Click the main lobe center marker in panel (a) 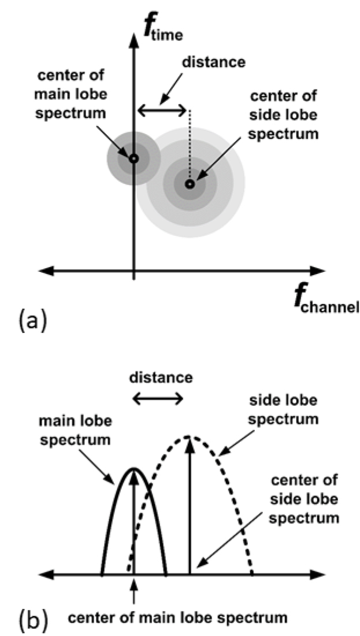coord(133,158)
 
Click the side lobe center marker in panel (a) coord(190,184)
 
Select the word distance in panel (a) coord(214,62)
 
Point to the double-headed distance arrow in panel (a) coord(162,110)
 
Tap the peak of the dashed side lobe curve coord(189,437)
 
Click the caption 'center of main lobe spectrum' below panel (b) coord(178,618)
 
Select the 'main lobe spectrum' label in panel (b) coord(75,431)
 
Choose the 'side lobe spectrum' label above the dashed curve coord(283,411)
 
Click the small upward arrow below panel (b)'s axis coord(133,594)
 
